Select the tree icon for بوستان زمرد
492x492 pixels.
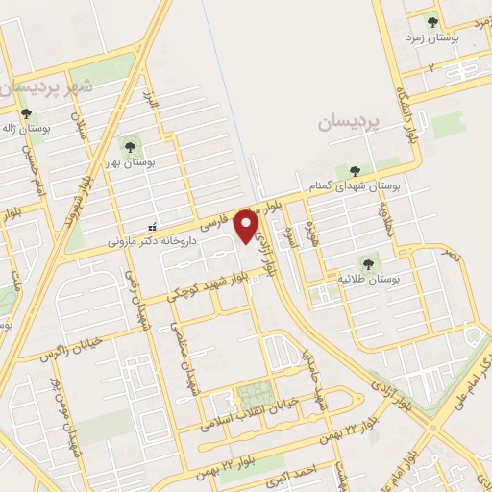[x=431, y=20]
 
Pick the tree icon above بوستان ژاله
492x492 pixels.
[x=26, y=113]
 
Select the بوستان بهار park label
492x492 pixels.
[x=132, y=162]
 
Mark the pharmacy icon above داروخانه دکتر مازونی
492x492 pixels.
[x=150, y=227]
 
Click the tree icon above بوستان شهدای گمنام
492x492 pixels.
[x=356, y=171]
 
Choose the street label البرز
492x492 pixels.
[x=148, y=102]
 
